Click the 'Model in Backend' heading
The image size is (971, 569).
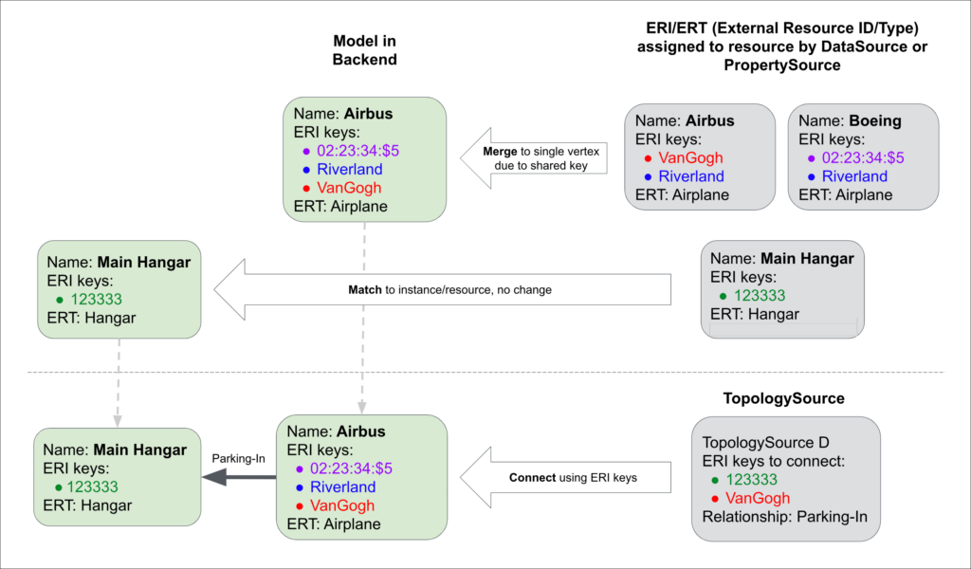coord(364,49)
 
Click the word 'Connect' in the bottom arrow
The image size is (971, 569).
coord(532,477)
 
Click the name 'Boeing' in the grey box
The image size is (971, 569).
coord(875,121)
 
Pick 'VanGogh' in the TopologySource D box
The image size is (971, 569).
coord(758,499)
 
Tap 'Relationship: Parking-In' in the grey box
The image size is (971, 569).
coord(784,517)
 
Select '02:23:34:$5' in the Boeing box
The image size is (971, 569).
coord(863,157)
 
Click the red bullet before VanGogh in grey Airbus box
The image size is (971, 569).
coord(647,157)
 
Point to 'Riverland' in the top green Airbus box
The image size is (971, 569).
coord(350,170)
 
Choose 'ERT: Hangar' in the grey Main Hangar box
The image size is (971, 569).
coord(755,314)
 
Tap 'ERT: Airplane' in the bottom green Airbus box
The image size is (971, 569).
coord(334,523)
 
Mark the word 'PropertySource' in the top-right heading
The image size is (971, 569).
coord(779,64)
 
